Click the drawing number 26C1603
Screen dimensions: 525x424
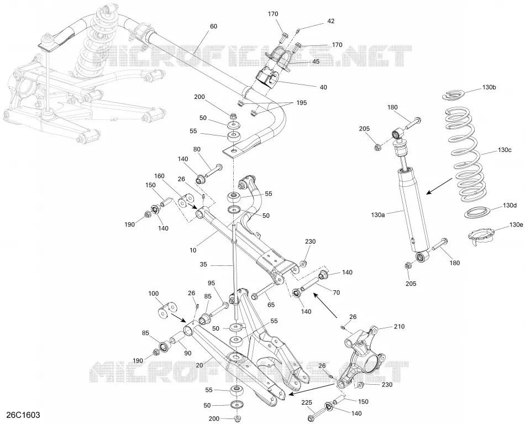click(23, 415)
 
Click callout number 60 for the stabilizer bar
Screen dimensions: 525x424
click(213, 26)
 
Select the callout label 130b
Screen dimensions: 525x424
click(489, 87)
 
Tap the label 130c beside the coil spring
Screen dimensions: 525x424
click(504, 150)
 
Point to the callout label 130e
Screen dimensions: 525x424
click(516, 225)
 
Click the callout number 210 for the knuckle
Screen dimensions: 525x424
click(399, 326)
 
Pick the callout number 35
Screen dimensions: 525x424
click(203, 265)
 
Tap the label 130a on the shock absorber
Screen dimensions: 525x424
click(377, 214)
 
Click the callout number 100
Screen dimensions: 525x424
click(153, 294)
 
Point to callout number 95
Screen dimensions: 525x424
click(211, 282)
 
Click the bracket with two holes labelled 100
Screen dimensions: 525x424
click(167, 310)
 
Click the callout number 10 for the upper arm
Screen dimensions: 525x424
click(193, 250)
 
